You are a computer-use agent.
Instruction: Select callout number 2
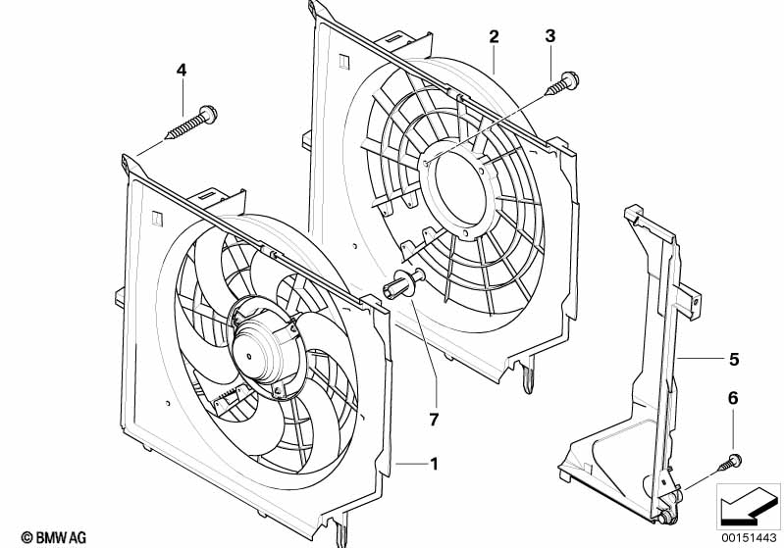[x=495, y=37]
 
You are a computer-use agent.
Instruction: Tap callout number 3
[x=550, y=37]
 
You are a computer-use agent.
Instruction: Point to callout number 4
[x=181, y=70]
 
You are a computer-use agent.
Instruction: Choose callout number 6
[x=732, y=399]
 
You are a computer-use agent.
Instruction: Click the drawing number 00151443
[x=749, y=536]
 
